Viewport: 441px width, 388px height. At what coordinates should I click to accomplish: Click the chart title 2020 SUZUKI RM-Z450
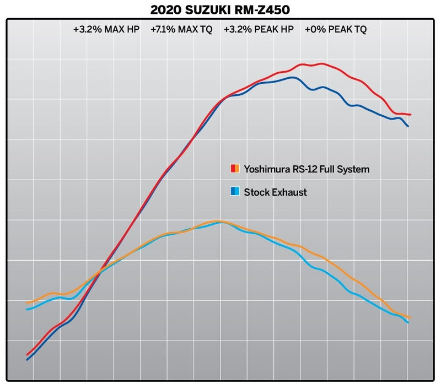coord(220,10)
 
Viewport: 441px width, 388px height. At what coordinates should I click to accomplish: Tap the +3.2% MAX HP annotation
coord(106,30)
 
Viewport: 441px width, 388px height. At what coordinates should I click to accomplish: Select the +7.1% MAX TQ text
coord(181,30)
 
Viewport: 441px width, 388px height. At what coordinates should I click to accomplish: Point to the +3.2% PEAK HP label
coord(259,30)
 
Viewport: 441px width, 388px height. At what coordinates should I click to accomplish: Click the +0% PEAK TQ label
coord(336,30)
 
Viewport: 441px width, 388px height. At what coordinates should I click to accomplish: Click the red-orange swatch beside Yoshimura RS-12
coord(234,169)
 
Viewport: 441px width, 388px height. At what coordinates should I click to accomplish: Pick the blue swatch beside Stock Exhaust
coord(234,192)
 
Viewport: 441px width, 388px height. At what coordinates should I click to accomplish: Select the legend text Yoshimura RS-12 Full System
coord(306,169)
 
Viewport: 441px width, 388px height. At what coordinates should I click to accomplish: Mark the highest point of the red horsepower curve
coord(321,63)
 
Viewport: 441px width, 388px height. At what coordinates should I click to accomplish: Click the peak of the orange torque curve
coord(219,221)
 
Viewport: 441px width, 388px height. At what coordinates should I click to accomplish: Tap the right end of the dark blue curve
coord(408,126)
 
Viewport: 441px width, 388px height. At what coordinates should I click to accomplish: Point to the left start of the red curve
coord(27,354)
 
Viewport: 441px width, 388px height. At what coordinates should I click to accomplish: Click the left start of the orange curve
coord(27,303)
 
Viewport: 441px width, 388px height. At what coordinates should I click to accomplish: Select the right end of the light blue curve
coord(408,322)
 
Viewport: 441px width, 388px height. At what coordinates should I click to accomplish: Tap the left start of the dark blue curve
coord(27,360)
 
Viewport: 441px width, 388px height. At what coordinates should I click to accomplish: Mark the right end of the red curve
coord(411,115)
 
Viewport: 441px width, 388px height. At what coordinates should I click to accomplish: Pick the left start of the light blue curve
coord(27,309)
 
